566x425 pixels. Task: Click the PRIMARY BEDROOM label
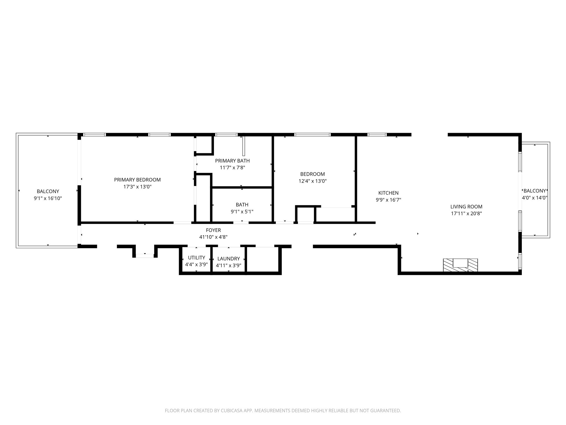(x=137, y=180)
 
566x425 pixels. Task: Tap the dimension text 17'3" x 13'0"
(x=137, y=187)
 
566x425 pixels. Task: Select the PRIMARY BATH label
(x=232, y=161)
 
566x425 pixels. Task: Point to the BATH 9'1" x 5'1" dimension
(x=242, y=212)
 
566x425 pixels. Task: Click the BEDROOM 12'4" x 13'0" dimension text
(x=312, y=181)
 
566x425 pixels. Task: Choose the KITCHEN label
(x=388, y=193)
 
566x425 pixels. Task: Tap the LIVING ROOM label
(x=466, y=206)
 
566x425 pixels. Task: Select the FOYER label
(x=213, y=230)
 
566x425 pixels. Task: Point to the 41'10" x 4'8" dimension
(x=213, y=237)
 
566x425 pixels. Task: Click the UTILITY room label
(x=196, y=258)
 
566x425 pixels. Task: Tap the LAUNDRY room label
(x=229, y=259)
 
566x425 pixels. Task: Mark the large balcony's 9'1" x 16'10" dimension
(x=48, y=198)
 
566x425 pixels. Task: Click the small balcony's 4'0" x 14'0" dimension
(x=534, y=198)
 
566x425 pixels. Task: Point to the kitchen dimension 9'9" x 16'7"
(x=388, y=200)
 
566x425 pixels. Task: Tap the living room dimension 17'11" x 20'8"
(x=466, y=213)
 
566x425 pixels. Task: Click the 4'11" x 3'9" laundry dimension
(x=229, y=266)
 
